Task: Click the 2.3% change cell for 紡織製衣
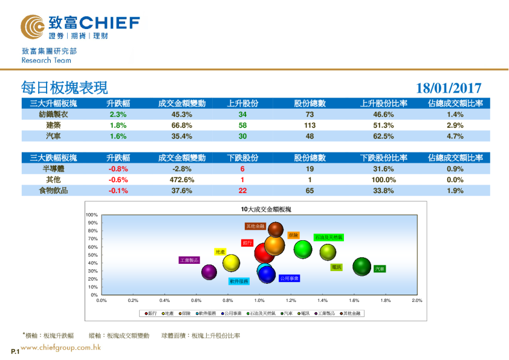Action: (x=118, y=114)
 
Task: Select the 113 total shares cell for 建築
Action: (x=310, y=125)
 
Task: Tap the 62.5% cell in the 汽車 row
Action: (x=384, y=136)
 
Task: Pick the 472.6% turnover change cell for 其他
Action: (x=182, y=180)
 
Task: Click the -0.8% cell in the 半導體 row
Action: (x=118, y=169)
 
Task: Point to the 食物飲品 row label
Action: (x=54, y=191)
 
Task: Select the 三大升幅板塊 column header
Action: (x=54, y=103)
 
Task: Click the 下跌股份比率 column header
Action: (x=384, y=158)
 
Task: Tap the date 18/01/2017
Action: (x=449, y=88)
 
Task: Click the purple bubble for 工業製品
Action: (x=209, y=272)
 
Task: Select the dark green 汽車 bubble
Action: (x=361, y=266)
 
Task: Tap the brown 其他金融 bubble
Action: (x=276, y=229)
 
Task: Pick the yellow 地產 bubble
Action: (x=231, y=263)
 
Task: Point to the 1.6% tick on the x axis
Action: (x=354, y=300)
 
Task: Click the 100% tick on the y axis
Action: (x=92, y=215)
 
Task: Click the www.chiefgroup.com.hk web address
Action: (x=60, y=348)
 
